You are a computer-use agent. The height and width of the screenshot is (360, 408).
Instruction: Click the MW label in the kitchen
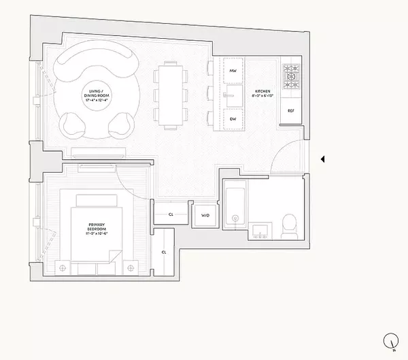pyautogui.click(x=233, y=71)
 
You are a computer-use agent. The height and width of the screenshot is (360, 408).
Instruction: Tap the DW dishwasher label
pyautogui.click(x=233, y=119)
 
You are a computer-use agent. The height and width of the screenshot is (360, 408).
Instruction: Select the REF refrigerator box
pyautogui.click(x=290, y=110)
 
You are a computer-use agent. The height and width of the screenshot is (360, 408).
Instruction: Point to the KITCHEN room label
pyautogui.click(x=263, y=91)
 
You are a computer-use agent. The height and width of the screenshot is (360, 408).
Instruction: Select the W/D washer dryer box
pyautogui.click(x=204, y=216)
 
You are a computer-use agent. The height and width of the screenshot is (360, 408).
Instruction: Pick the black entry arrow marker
pyautogui.click(x=324, y=159)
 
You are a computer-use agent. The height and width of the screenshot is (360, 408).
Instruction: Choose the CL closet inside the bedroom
pyautogui.click(x=164, y=252)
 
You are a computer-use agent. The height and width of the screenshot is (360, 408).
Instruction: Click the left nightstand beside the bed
pyautogui.click(x=63, y=266)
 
